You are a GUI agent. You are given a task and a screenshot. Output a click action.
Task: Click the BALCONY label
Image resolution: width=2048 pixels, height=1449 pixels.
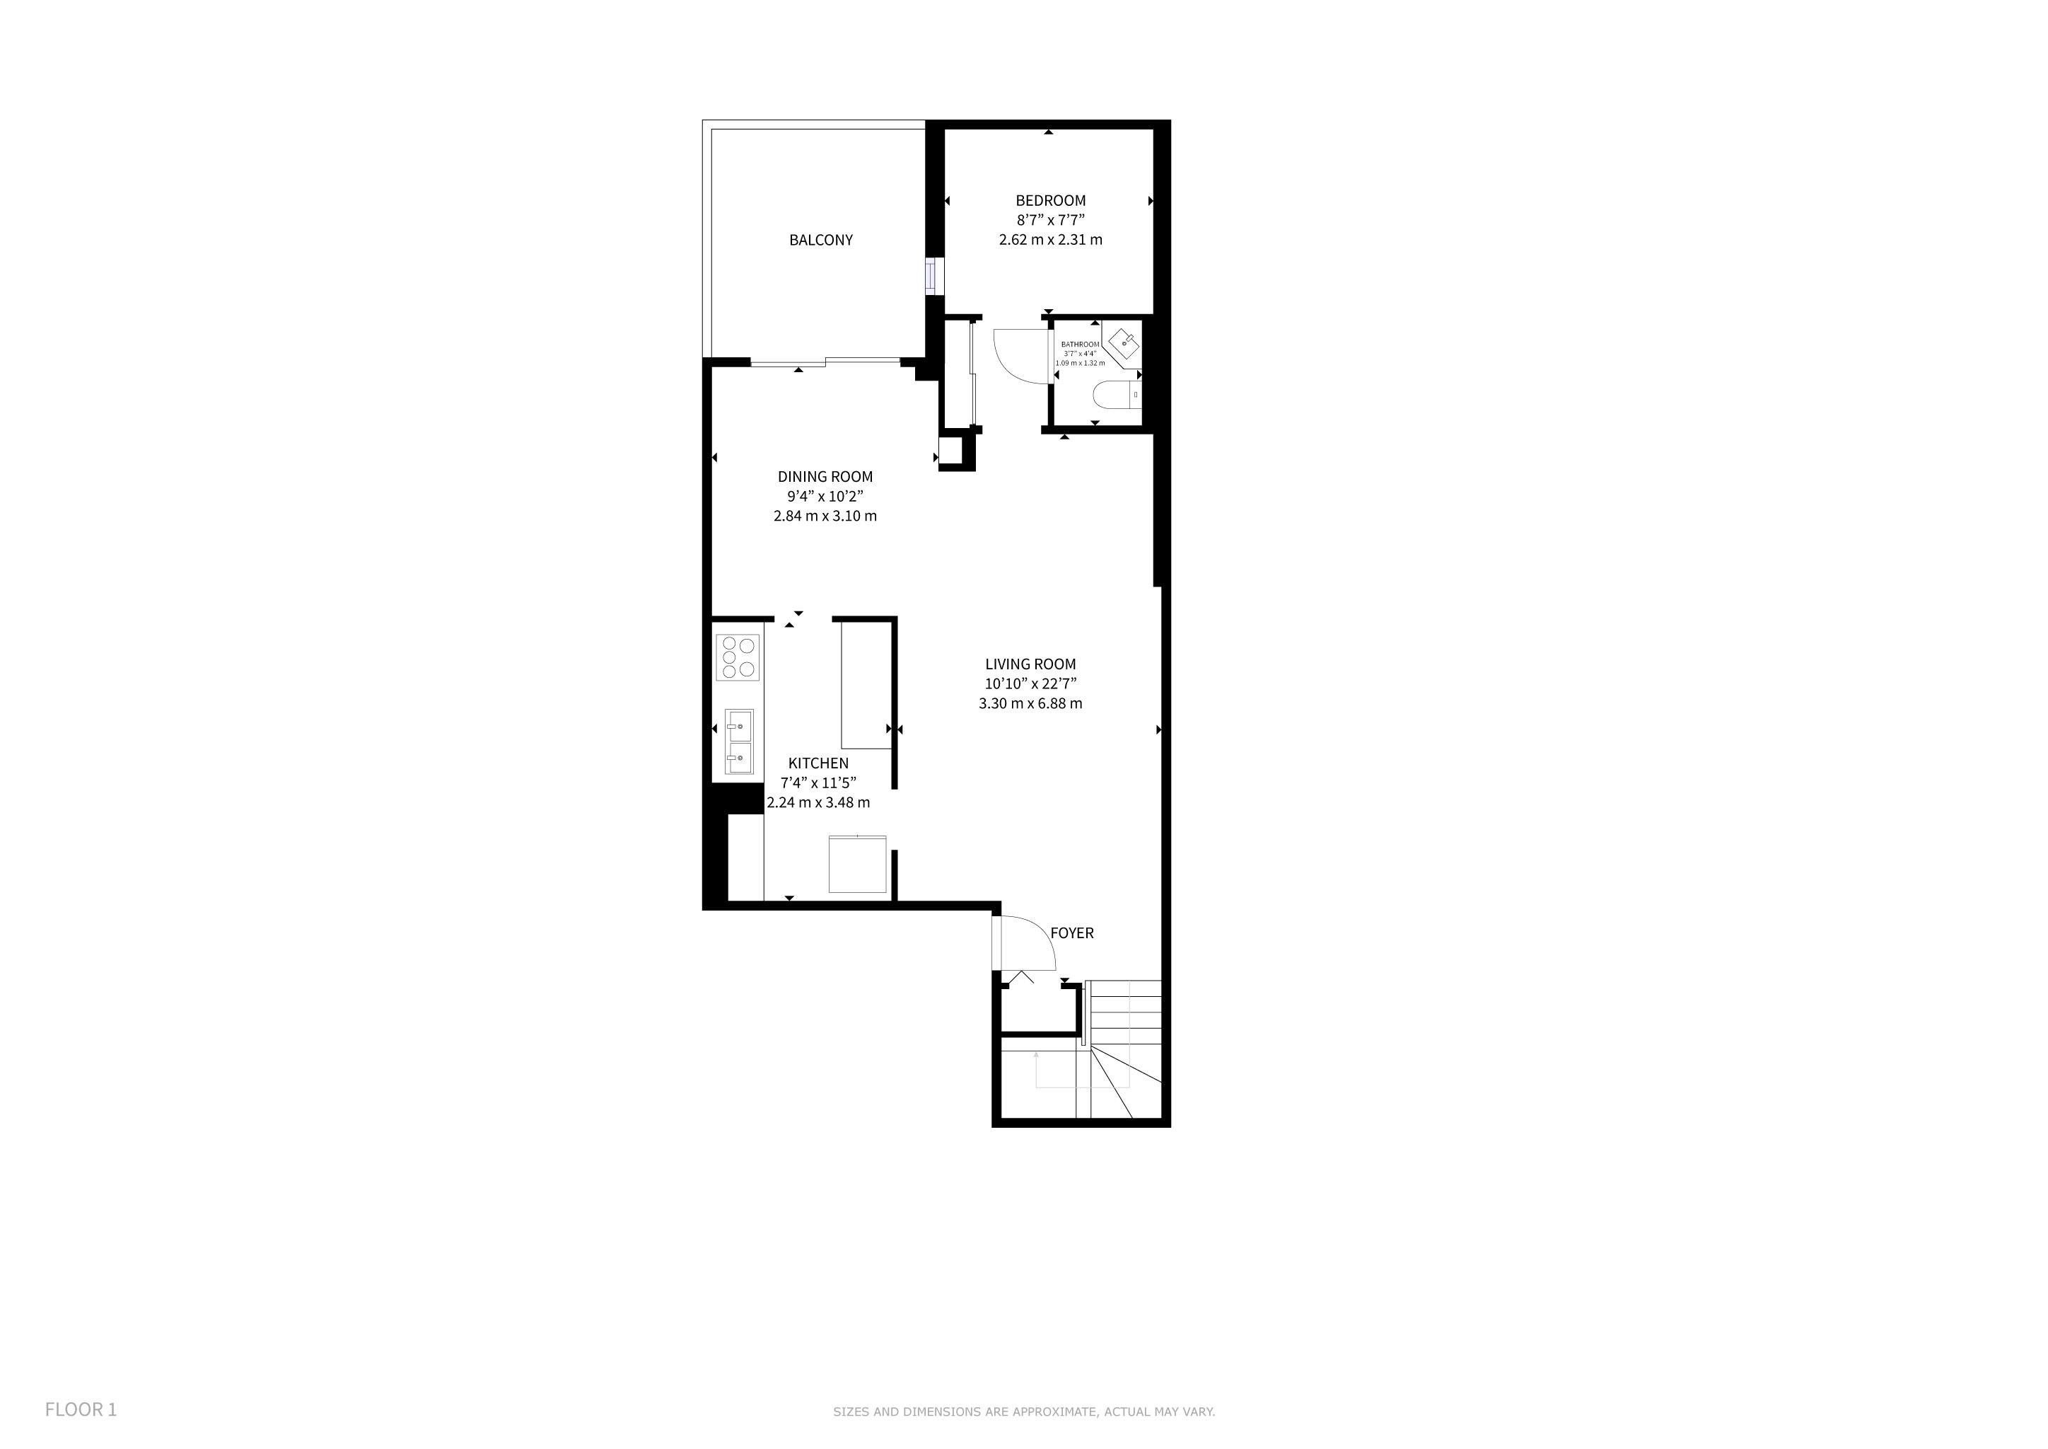coord(820,240)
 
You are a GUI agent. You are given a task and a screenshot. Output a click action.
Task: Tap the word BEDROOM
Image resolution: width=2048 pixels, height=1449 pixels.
coord(1051,201)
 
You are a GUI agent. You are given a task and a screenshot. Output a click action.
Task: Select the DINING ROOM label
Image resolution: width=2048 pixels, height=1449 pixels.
coord(825,476)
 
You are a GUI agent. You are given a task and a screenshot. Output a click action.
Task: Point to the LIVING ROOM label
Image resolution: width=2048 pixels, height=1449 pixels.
coord(1030,664)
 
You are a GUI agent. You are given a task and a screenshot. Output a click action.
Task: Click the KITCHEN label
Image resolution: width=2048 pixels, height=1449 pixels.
coord(819,763)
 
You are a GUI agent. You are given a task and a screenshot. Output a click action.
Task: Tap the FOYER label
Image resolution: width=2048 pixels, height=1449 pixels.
coord(1071,933)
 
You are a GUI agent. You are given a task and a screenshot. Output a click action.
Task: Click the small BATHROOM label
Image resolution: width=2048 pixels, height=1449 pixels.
coord(1080,345)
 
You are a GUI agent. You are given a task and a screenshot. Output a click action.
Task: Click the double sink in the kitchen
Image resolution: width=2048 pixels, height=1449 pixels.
coord(738,741)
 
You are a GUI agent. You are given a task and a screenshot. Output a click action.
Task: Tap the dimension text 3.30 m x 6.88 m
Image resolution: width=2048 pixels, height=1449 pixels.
coord(1030,703)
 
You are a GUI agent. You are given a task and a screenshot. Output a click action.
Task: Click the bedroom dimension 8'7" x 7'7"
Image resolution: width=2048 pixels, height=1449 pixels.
coord(1051,220)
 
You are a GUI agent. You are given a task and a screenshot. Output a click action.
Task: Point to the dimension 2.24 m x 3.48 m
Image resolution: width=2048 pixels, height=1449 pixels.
coord(819,802)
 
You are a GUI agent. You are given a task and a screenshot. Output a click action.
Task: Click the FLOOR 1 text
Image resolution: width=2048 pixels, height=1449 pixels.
coord(81,1410)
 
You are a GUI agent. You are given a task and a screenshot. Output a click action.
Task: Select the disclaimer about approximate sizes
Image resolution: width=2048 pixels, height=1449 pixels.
coord(1024,1412)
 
